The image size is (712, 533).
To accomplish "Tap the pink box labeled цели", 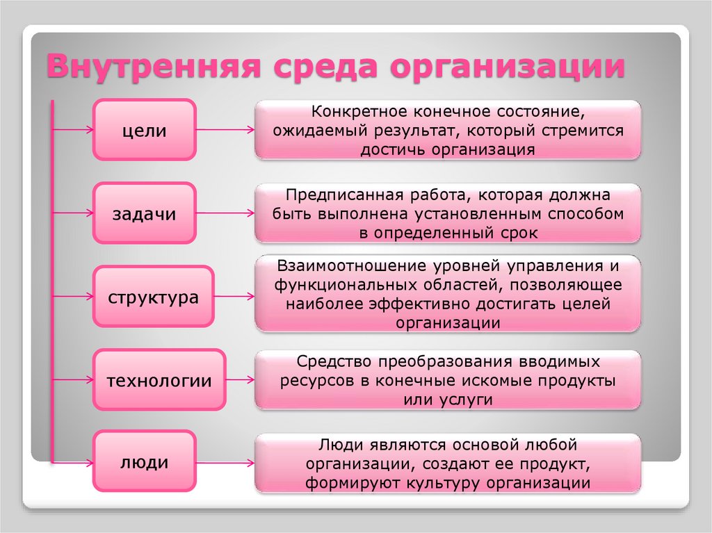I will (145, 130).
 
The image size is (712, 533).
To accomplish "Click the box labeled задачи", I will (144, 214).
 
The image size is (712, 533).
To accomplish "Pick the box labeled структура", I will (153, 297).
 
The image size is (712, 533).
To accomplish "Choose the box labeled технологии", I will (159, 380).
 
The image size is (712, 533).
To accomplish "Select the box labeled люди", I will (144, 462).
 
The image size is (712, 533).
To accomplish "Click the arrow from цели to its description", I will (225, 130).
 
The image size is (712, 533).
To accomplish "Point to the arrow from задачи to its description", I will (225, 213).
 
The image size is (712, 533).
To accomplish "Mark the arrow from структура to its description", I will (234, 297).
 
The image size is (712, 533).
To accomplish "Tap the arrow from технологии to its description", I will (241, 380).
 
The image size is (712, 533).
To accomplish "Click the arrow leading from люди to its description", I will (225, 462).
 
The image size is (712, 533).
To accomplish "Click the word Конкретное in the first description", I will (355, 111).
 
